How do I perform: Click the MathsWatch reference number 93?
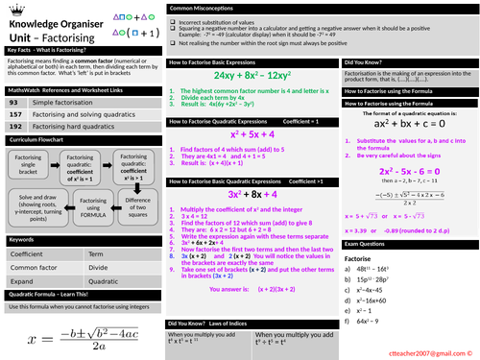[12, 101]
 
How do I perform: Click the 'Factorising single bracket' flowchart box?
[29, 165]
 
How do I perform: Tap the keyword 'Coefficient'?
[27, 252]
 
